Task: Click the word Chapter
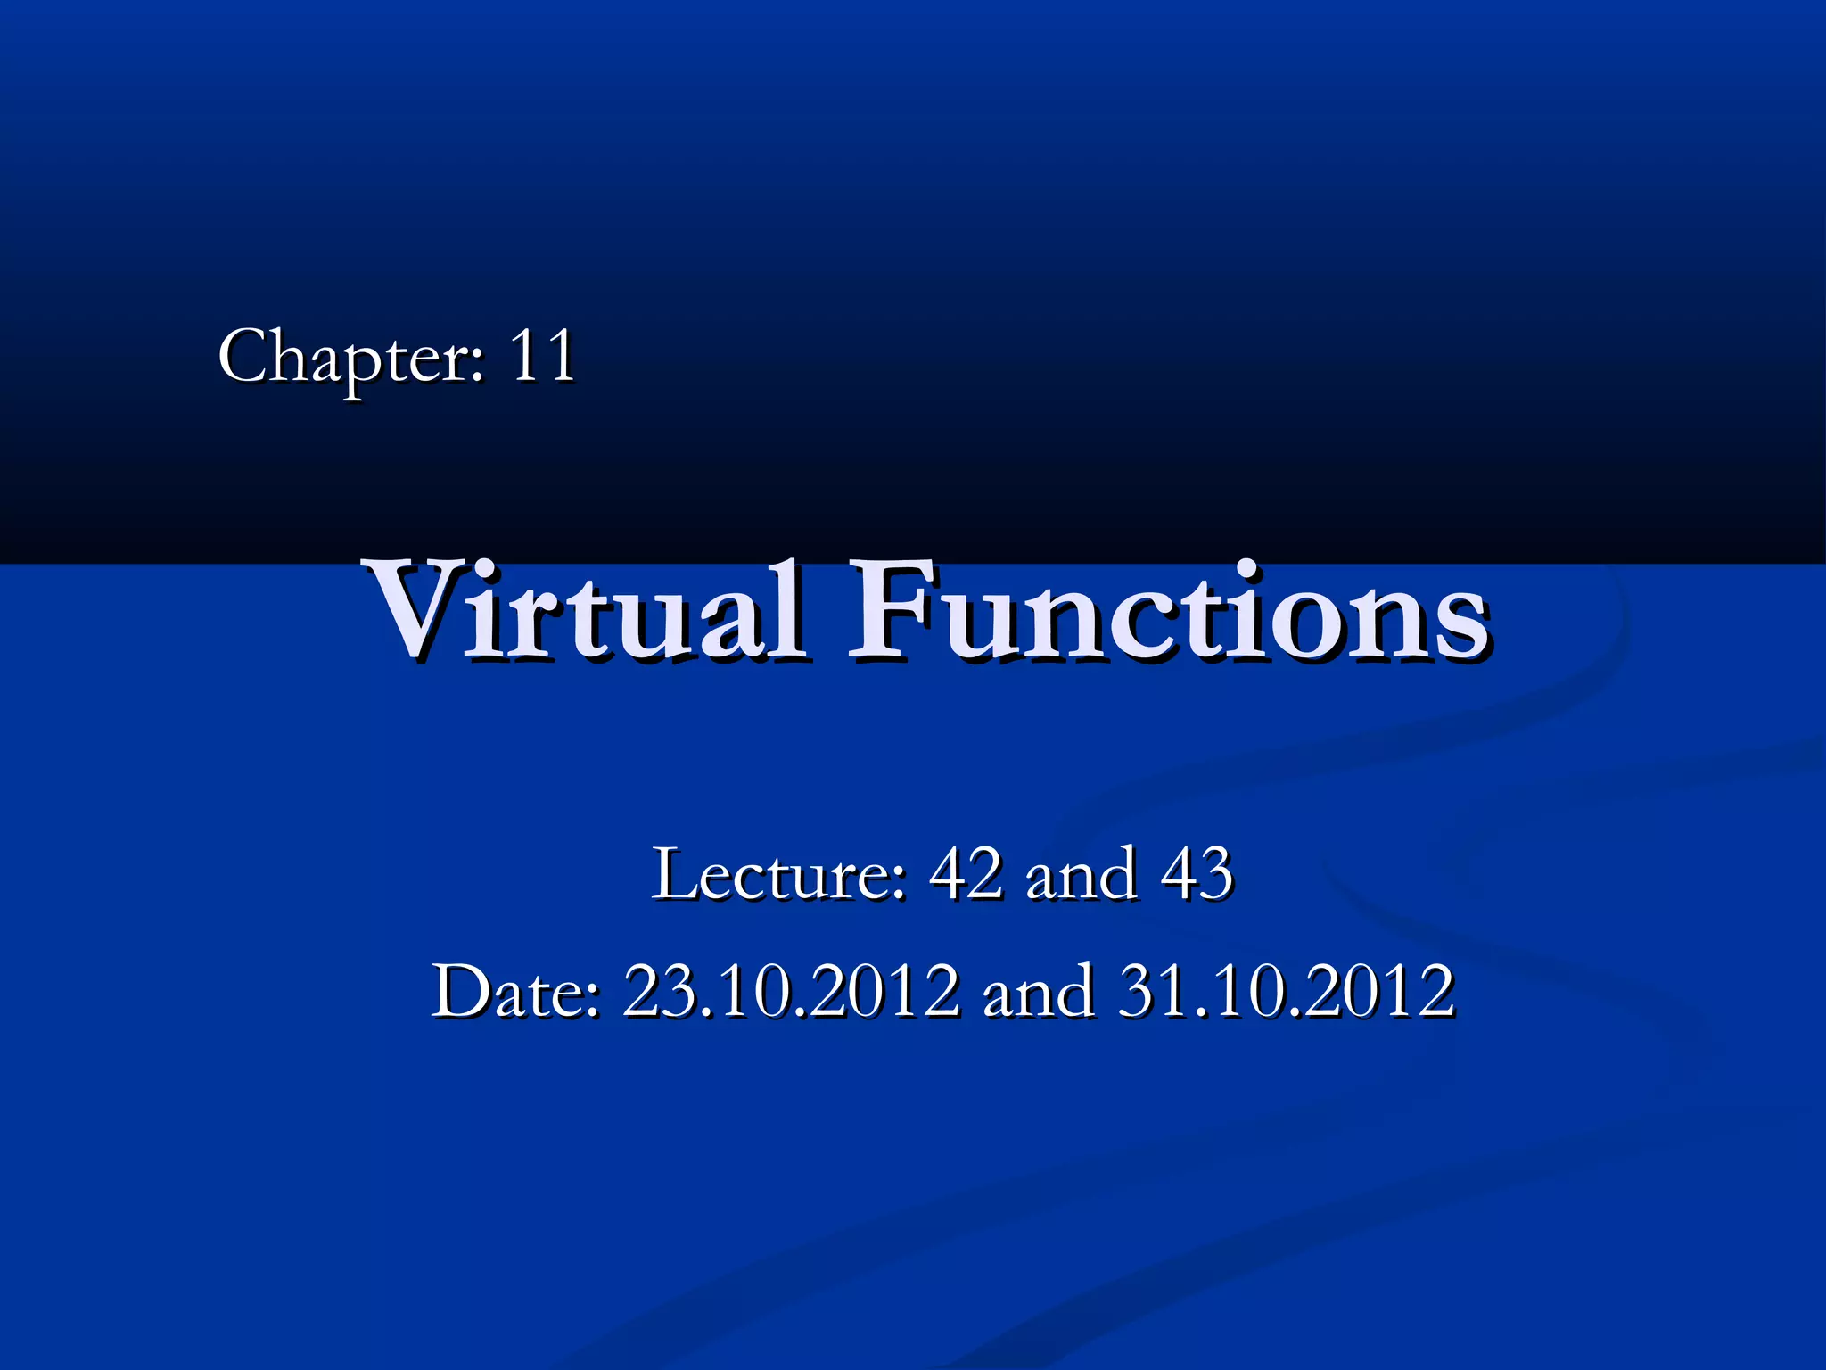[x=342, y=357]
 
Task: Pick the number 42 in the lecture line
[x=965, y=873]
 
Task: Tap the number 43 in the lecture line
[x=1196, y=873]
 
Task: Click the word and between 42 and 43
[x=1081, y=874]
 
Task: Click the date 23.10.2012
[x=791, y=991]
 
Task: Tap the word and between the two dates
[x=1038, y=992]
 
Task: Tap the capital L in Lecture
[x=672, y=873]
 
